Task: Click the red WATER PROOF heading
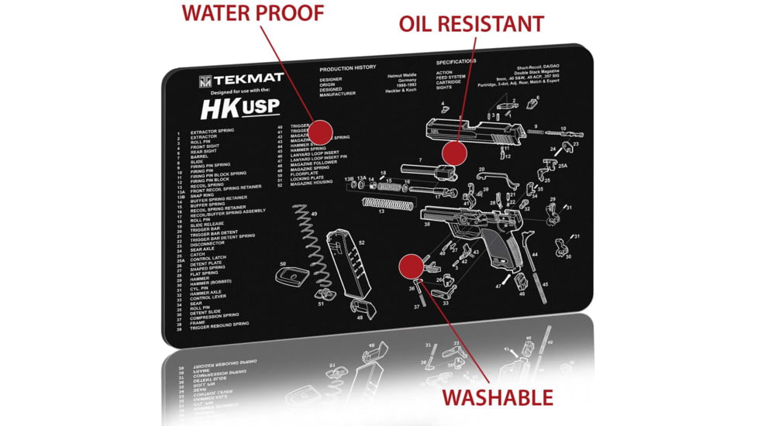click(x=253, y=13)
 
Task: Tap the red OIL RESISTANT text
click(x=471, y=24)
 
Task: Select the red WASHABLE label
click(x=498, y=398)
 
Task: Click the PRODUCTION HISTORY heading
click(x=347, y=68)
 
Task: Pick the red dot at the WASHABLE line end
click(x=408, y=267)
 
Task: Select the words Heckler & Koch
click(x=401, y=91)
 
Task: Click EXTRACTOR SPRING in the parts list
click(x=212, y=132)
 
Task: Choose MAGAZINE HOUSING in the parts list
click(x=311, y=183)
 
